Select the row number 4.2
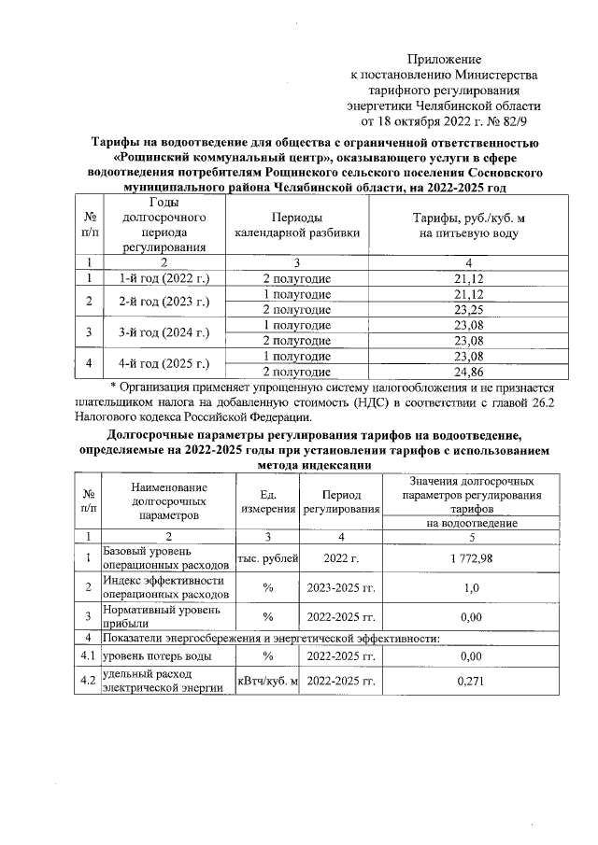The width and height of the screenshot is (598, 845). click(x=87, y=681)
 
